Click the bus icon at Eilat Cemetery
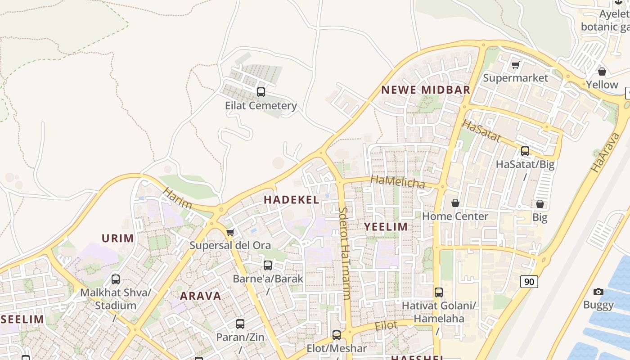(x=261, y=92)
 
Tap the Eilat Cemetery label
(x=261, y=106)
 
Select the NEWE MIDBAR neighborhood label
(x=426, y=90)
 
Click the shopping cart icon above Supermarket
(x=516, y=65)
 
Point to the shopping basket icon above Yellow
(x=602, y=72)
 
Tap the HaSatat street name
(x=481, y=130)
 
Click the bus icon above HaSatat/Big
(x=525, y=151)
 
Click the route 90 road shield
(x=529, y=282)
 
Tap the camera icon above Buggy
(x=598, y=292)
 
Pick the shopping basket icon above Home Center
(x=455, y=203)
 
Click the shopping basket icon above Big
(x=540, y=204)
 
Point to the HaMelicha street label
(x=398, y=182)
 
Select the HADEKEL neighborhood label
(x=291, y=200)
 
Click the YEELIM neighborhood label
(x=386, y=227)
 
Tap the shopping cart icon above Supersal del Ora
(x=230, y=232)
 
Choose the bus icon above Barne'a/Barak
(x=268, y=265)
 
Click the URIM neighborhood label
(x=118, y=238)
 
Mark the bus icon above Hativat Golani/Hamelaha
(x=439, y=292)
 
